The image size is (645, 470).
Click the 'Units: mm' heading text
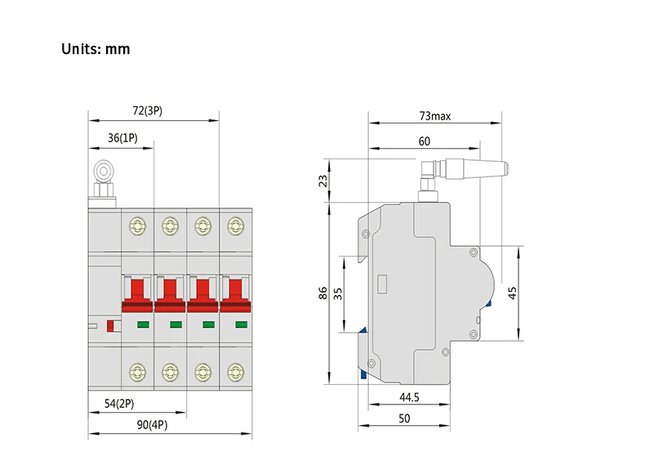[96, 49]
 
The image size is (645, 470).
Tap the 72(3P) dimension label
[147, 111]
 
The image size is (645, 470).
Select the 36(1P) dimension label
[122, 137]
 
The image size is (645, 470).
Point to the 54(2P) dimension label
[119, 403]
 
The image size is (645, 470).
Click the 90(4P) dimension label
[152, 425]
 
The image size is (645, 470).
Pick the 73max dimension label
[435, 116]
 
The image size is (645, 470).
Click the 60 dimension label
[424, 141]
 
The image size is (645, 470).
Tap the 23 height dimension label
[323, 181]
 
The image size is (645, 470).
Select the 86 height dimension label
[323, 293]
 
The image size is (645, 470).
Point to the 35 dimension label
[337, 293]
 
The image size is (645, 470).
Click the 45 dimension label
[512, 293]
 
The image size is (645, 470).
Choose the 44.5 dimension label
[409, 397]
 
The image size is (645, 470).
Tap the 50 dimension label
[404, 419]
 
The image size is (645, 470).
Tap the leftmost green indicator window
[143, 325]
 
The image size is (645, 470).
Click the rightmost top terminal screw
[235, 226]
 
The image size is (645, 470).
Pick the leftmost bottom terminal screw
[137, 372]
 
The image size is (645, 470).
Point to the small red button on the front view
[110, 326]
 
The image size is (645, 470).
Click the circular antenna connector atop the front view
[103, 171]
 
